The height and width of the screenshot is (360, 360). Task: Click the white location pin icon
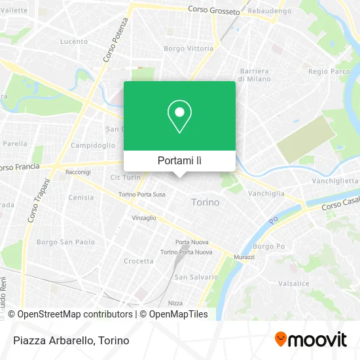coord(179,117)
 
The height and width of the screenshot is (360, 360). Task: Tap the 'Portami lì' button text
coord(179,160)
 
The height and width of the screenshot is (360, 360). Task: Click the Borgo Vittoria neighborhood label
coord(184,48)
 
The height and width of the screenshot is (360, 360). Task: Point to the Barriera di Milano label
coord(254,75)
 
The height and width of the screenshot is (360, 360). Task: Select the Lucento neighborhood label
coord(73,41)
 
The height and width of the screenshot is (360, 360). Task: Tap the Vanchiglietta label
coord(334,181)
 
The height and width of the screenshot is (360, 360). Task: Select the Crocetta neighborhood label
coord(138,261)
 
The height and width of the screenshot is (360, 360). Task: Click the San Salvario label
coord(196,277)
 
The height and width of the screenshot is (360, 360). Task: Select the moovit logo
coord(311,340)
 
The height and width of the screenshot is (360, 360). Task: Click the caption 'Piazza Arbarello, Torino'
coord(70,340)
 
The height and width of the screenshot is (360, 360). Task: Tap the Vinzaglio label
coord(144,217)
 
